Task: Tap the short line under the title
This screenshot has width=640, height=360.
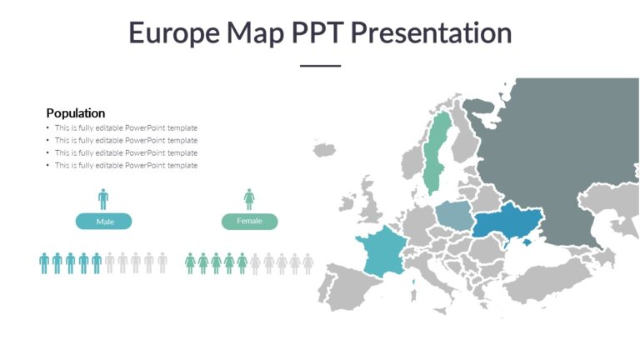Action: pyautogui.click(x=320, y=65)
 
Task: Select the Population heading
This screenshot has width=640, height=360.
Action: pyautogui.click(x=76, y=112)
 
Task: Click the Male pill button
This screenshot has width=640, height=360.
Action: pyautogui.click(x=104, y=222)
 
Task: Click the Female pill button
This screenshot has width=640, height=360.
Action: pyautogui.click(x=249, y=221)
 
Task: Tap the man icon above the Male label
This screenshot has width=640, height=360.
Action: pyautogui.click(x=103, y=198)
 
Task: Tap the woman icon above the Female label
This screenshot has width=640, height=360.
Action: pyautogui.click(x=249, y=198)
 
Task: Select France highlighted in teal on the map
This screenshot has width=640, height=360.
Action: pyautogui.click(x=382, y=252)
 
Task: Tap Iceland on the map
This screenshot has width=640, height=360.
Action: pyautogui.click(x=324, y=150)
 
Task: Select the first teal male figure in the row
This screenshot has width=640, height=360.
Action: pyautogui.click(x=44, y=263)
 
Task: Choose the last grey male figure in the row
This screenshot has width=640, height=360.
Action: pyautogui.click(x=162, y=263)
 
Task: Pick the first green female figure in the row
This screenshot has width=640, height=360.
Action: pyautogui.click(x=190, y=263)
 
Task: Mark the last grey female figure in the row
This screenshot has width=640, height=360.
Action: pyautogui.click(x=308, y=263)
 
